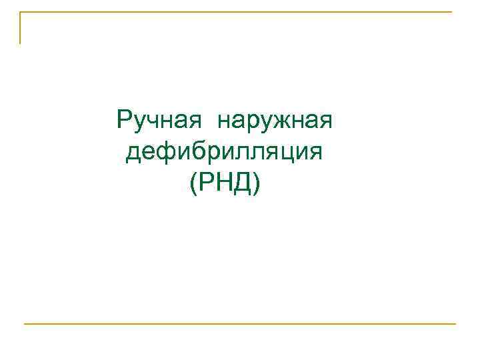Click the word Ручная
pos(159,121)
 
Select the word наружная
pos(274,123)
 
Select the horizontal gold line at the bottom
pos(240,324)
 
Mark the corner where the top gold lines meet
pos(20,12)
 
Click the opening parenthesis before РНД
pos(193,183)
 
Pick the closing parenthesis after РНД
pos(256,183)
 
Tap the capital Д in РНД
pos(241,182)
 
